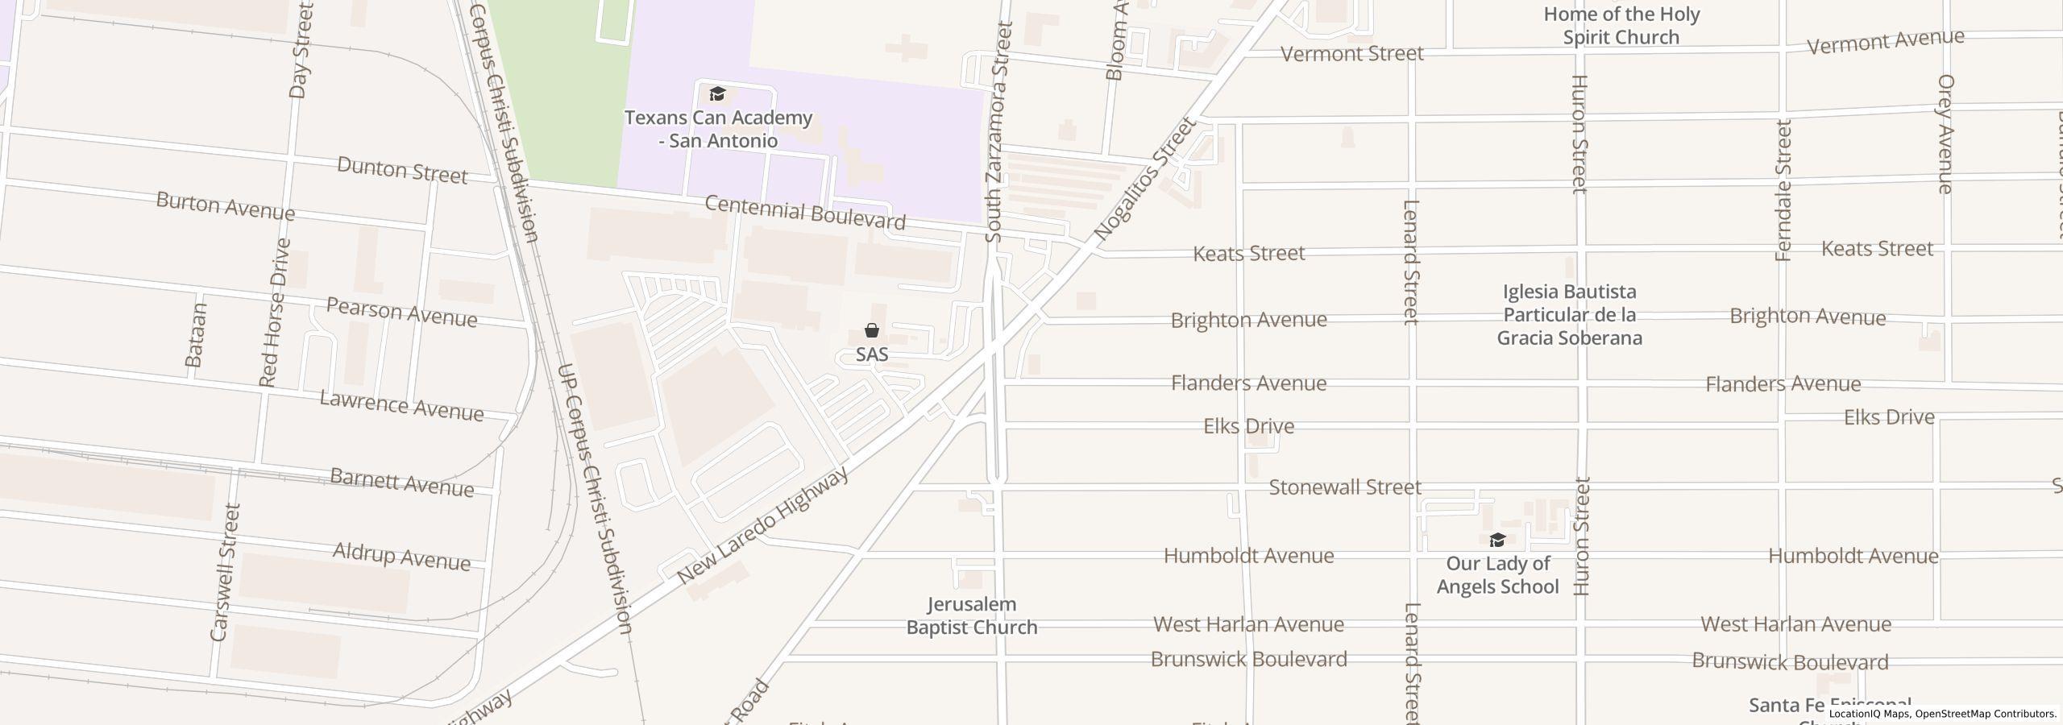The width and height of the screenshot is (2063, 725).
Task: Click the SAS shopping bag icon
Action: click(x=871, y=330)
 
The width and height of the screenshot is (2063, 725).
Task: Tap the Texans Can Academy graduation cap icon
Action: click(x=717, y=94)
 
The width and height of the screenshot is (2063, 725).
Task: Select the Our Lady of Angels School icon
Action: click(x=1497, y=540)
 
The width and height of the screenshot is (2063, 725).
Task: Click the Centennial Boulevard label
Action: click(x=805, y=212)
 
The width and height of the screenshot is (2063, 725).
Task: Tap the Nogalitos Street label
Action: click(x=1144, y=180)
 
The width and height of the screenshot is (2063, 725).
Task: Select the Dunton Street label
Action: click(x=401, y=170)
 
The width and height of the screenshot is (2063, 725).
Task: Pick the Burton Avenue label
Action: click(x=225, y=206)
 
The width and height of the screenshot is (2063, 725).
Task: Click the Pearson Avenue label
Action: click(x=401, y=312)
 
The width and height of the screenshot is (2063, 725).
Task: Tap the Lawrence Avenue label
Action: click(x=401, y=405)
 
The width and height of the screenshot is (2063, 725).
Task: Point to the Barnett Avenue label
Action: click(x=401, y=483)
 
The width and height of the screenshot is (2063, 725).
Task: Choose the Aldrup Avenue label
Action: click(x=401, y=556)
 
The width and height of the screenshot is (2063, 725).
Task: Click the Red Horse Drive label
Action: click(x=274, y=312)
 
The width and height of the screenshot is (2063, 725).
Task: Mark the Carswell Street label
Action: click(x=225, y=573)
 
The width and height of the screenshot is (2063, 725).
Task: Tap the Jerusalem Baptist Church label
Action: click(x=972, y=615)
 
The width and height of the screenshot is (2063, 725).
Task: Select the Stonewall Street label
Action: click(x=1344, y=487)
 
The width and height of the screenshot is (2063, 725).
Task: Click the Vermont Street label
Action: click(x=1351, y=54)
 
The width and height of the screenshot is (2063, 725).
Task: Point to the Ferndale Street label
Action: click(x=1783, y=191)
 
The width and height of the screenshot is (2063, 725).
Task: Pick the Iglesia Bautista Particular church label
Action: click(x=1569, y=315)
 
